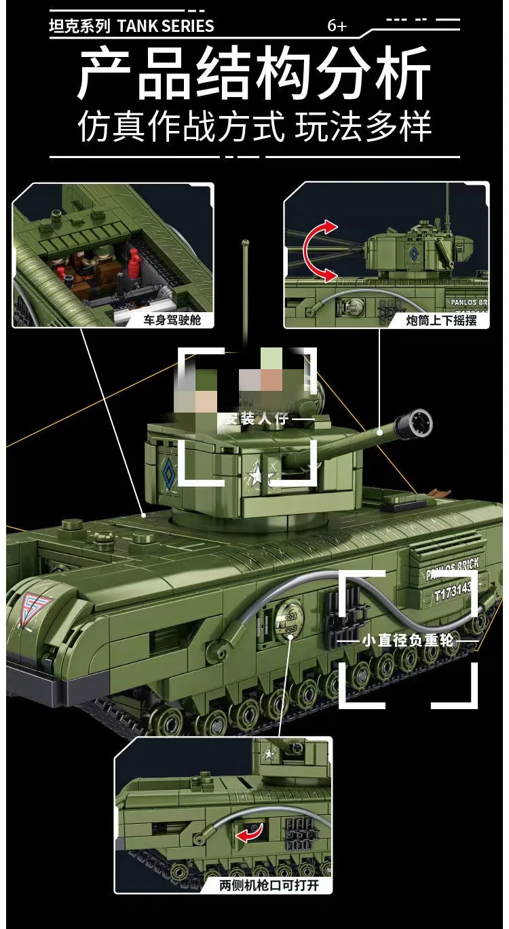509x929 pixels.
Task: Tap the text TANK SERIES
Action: click(166, 26)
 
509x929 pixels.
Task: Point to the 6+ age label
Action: click(337, 26)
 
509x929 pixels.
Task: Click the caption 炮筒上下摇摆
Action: click(442, 320)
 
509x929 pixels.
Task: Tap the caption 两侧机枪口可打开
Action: click(269, 885)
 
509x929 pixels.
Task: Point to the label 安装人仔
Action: click(254, 420)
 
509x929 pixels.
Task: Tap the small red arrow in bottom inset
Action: click(248, 834)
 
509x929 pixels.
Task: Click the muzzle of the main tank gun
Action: click(415, 421)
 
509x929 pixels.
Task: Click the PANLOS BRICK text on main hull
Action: click(453, 569)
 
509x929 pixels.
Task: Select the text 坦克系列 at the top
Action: click(80, 26)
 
